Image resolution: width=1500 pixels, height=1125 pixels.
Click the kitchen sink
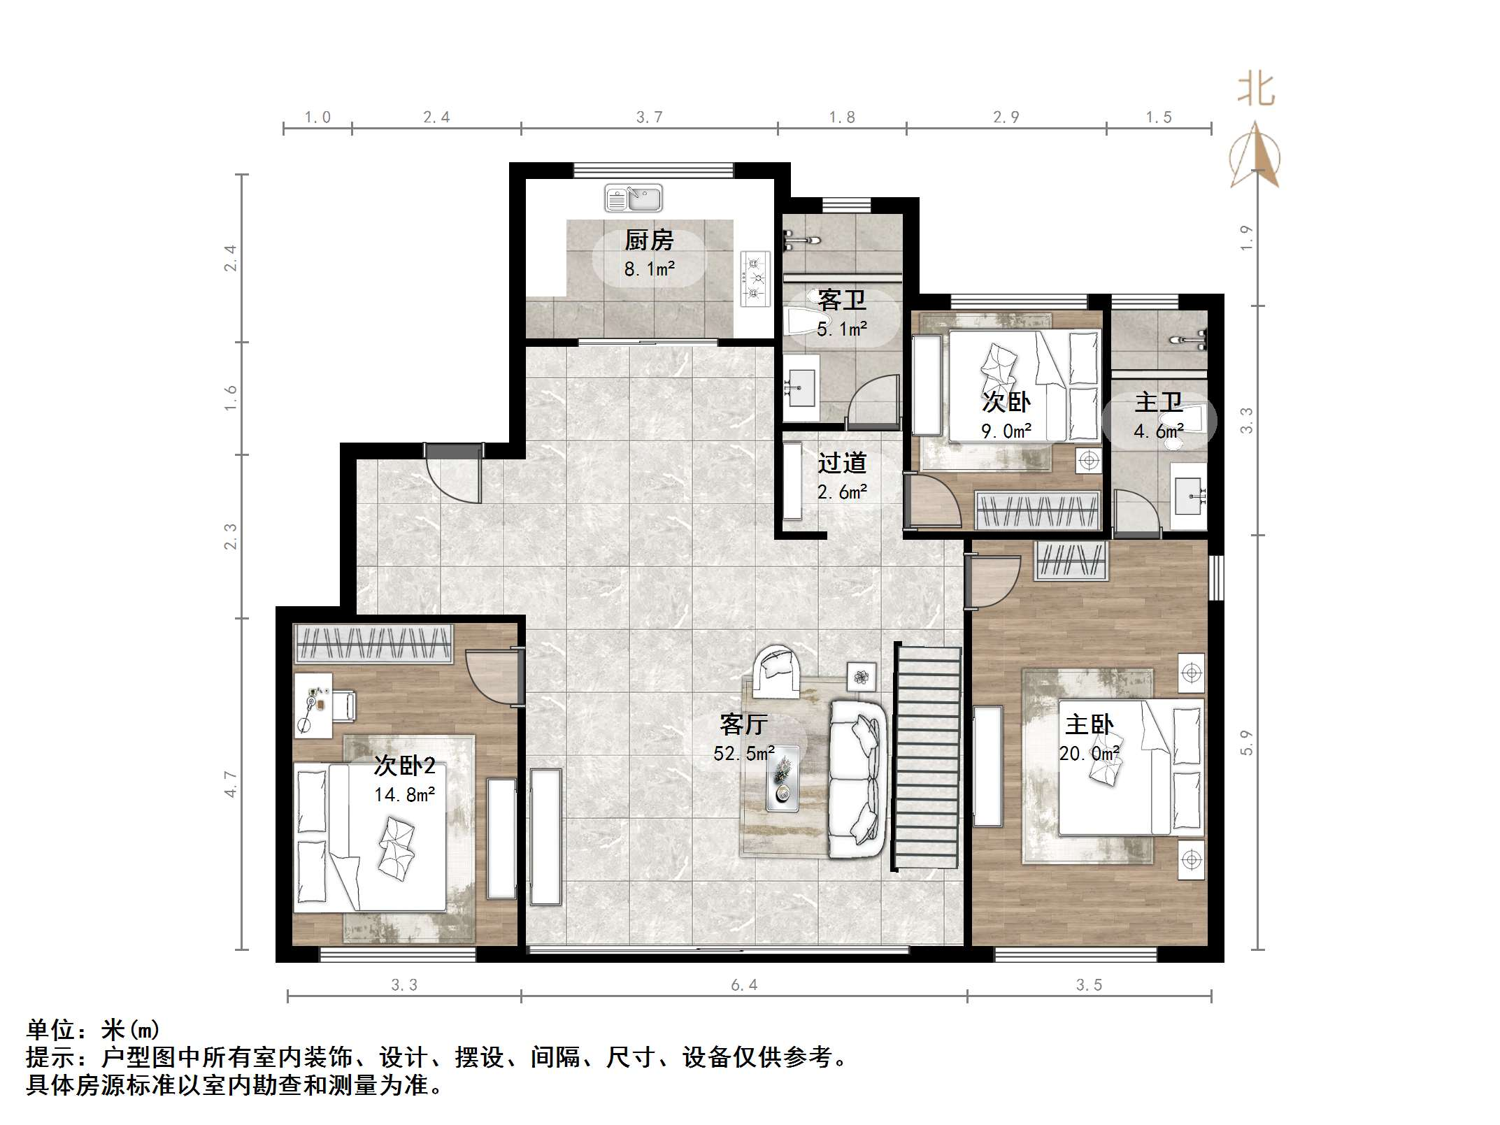(x=633, y=199)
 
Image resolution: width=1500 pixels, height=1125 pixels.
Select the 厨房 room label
(x=648, y=241)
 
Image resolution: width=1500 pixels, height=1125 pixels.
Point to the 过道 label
(x=842, y=463)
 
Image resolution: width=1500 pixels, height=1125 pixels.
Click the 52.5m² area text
(x=743, y=754)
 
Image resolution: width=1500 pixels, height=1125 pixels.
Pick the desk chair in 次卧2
(x=343, y=705)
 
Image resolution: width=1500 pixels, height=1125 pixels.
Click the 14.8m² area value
(x=404, y=795)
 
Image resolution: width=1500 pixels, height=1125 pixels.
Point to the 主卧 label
(x=1089, y=725)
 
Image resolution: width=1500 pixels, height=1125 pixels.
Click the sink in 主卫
(x=1190, y=495)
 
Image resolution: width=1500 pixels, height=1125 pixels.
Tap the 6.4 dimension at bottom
(x=744, y=986)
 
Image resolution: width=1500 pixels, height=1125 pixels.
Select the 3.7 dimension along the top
(x=649, y=117)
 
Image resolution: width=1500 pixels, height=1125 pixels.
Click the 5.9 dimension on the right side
(x=1247, y=743)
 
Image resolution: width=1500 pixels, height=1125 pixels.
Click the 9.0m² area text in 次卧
(x=1006, y=431)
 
